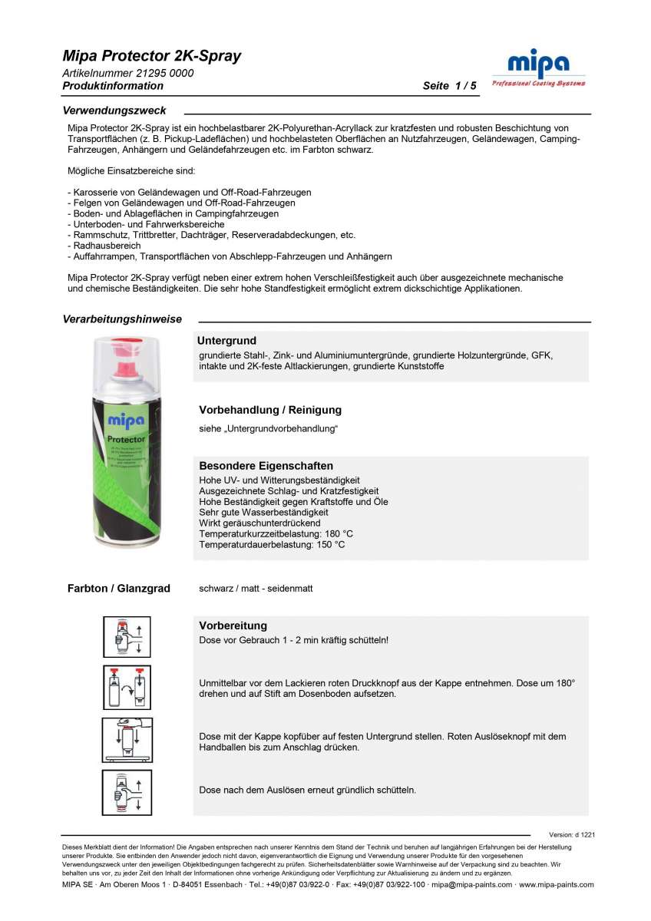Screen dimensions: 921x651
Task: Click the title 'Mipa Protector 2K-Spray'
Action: pyautogui.click(x=152, y=56)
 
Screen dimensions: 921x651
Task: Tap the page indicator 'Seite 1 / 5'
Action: pyautogui.click(x=449, y=86)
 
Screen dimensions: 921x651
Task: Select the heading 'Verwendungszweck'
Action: pyautogui.click(x=114, y=111)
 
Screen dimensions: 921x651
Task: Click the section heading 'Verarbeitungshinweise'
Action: pyautogui.click(x=122, y=319)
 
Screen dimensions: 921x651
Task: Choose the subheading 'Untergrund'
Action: pyautogui.click(x=226, y=340)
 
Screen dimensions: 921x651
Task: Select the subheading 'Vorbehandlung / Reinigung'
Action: pyautogui.click(x=270, y=410)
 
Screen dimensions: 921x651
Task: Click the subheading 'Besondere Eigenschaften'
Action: pyautogui.click(x=266, y=466)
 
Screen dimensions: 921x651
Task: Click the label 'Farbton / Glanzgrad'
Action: pyautogui.click(x=119, y=589)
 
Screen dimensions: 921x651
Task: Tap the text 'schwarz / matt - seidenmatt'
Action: pyautogui.click(x=256, y=589)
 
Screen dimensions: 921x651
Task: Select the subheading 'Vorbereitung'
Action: pyautogui.click(x=233, y=626)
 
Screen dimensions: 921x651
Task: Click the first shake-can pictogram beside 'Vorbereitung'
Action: pyautogui.click(x=127, y=637)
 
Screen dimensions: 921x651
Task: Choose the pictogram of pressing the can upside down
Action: pyautogui.click(x=127, y=739)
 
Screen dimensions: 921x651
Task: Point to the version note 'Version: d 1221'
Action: pyautogui.click(x=572, y=834)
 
